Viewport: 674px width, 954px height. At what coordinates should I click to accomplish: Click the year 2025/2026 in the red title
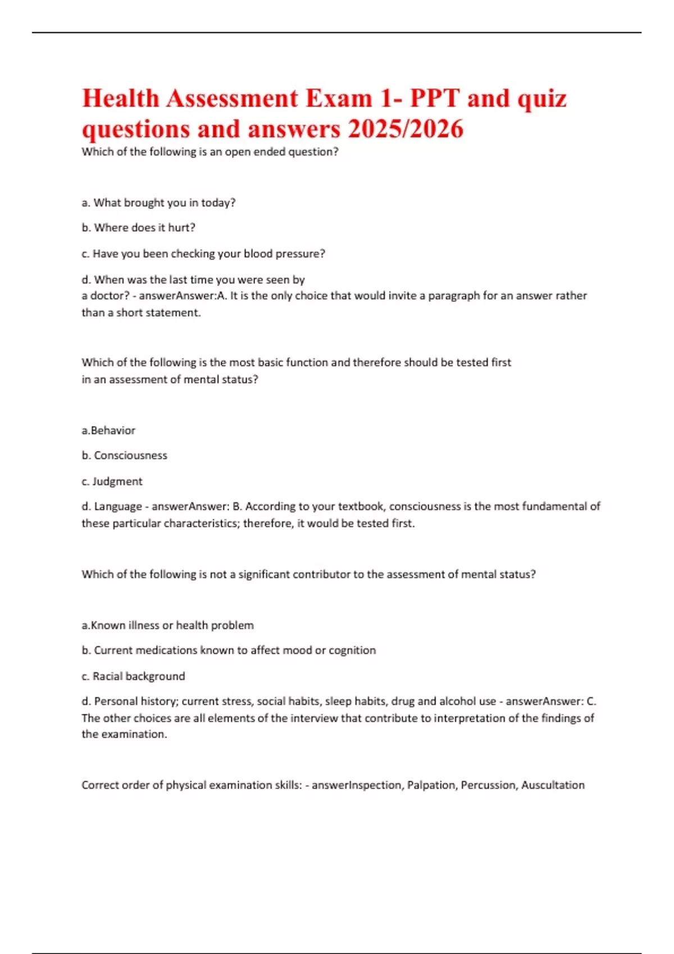[x=405, y=129]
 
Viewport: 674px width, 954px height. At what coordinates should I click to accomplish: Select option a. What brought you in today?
[x=158, y=203]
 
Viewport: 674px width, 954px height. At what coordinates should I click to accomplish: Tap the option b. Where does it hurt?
[x=138, y=228]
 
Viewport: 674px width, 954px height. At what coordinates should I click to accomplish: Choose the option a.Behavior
[x=108, y=430]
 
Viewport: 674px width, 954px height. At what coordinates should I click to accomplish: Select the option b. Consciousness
[x=124, y=456]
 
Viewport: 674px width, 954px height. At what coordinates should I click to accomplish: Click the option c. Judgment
[x=112, y=481]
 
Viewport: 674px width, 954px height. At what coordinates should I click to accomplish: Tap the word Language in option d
[x=118, y=507]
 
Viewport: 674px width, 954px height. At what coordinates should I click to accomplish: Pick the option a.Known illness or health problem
[x=167, y=625]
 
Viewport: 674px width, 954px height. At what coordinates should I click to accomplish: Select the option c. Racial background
[x=133, y=676]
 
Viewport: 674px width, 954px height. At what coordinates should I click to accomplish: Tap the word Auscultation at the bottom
[x=553, y=785]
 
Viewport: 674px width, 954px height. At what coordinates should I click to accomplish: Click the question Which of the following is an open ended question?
[x=210, y=152]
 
